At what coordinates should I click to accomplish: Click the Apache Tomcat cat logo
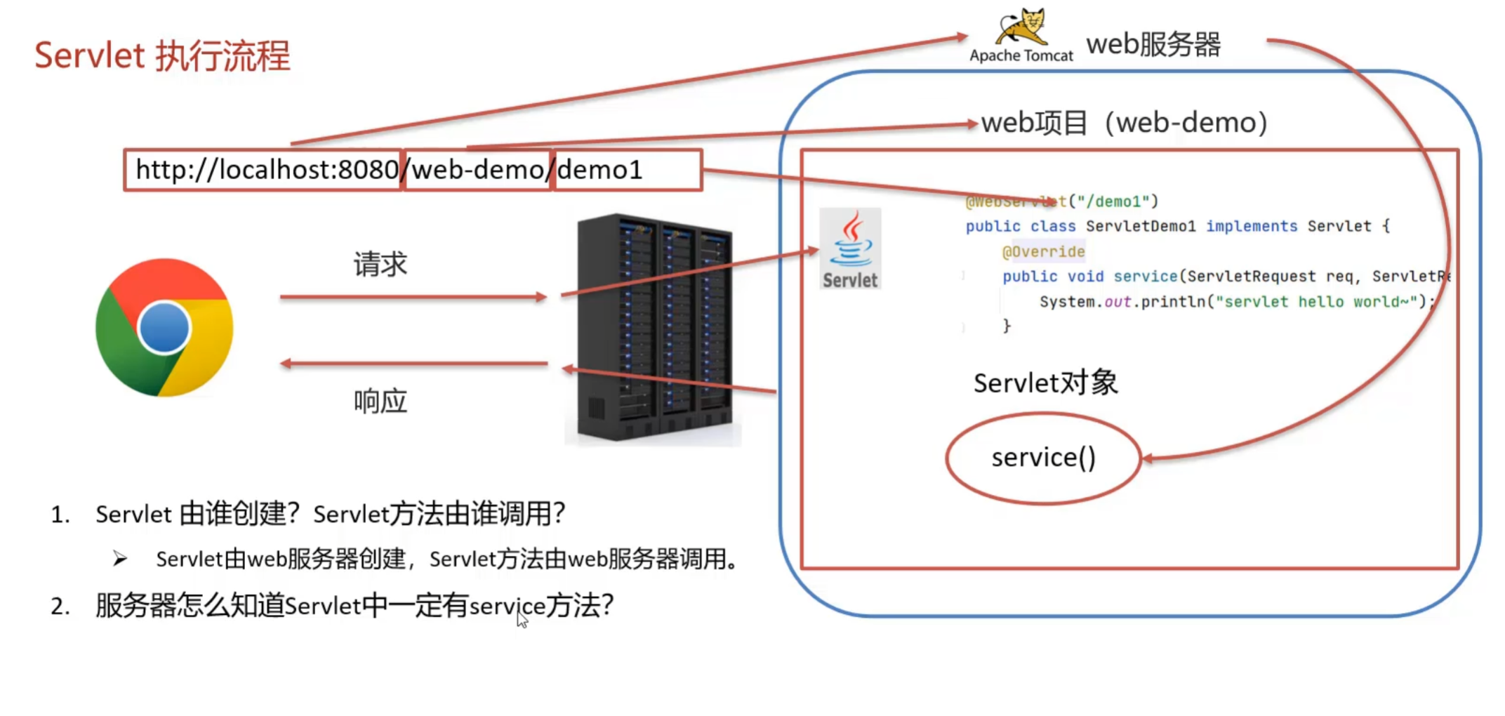pyautogui.click(x=1022, y=27)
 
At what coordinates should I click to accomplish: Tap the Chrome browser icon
pyautogui.click(x=164, y=327)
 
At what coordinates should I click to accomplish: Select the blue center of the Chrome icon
pyautogui.click(x=164, y=327)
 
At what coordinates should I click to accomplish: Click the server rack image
pyautogui.click(x=654, y=329)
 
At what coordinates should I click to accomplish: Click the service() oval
pyautogui.click(x=1043, y=458)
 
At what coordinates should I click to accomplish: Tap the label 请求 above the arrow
pyautogui.click(x=380, y=265)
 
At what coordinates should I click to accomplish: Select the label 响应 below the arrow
pyautogui.click(x=380, y=402)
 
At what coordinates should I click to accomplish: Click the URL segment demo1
pyautogui.click(x=600, y=170)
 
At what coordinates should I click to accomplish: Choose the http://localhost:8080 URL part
pyautogui.click(x=267, y=170)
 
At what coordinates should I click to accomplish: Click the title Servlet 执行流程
pyautogui.click(x=162, y=55)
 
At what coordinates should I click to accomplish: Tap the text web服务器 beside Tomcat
pyautogui.click(x=1153, y=44)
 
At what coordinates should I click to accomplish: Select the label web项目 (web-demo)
pyautogui.click(x=1124, y=123)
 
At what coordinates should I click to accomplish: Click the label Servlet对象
pyautogui.click(x=1045, y=383)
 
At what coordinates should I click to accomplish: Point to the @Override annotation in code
pyautogui.click(x=1043, y=251)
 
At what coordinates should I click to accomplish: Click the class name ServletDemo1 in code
pyautogui.click(x=1140, y=226)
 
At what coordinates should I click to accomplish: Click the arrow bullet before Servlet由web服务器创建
pyautogui.click(x=120, y=559)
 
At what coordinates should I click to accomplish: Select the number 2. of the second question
pyautogui.click(x=60, y=606)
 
